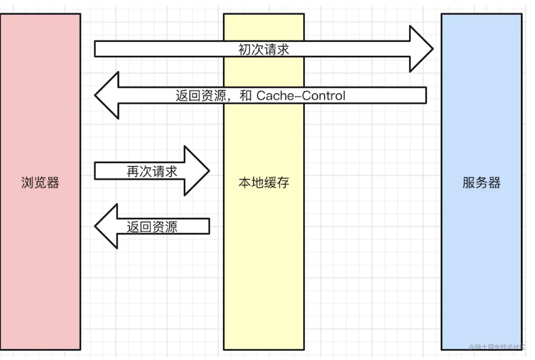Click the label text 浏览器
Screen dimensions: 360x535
click(40, 182)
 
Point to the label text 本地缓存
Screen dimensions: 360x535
click(264, 182)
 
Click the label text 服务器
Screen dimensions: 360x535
click(481, 182)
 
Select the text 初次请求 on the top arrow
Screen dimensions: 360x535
click(264, 50)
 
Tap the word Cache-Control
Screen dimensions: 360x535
click(301, 95)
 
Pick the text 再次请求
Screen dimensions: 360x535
click(152, 172)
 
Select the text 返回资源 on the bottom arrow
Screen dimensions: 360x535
click(152, 227)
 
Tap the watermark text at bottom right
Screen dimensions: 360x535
click(497, 347)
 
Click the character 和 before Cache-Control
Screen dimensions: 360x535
click(245, 95)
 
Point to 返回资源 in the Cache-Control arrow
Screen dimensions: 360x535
click(201, 95)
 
